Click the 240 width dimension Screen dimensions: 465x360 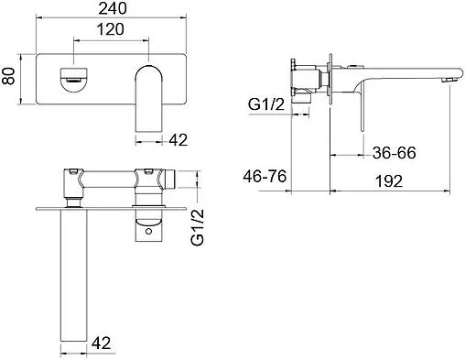pyautogui.click(x=113, y=8)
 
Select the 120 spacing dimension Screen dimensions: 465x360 pyautogui.click(x=111, y=29)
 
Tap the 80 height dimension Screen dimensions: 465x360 pyautogui.click(x=9, y=76)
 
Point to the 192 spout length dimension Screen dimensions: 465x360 pyautogui.click(x=389, y=181)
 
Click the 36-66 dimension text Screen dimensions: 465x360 pyautogui.click(x=395, y=153)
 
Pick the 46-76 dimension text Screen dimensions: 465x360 pyautogui.click(x=265, y=177)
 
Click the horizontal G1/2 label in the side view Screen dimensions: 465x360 pyautogui.click(x=266, y=104)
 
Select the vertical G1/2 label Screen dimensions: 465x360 pyautogui.click(x=198, y=227)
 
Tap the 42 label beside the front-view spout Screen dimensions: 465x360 pyautogui.click(x=178, y=140)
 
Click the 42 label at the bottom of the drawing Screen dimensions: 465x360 pyautogui.click(x=101, y=343)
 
